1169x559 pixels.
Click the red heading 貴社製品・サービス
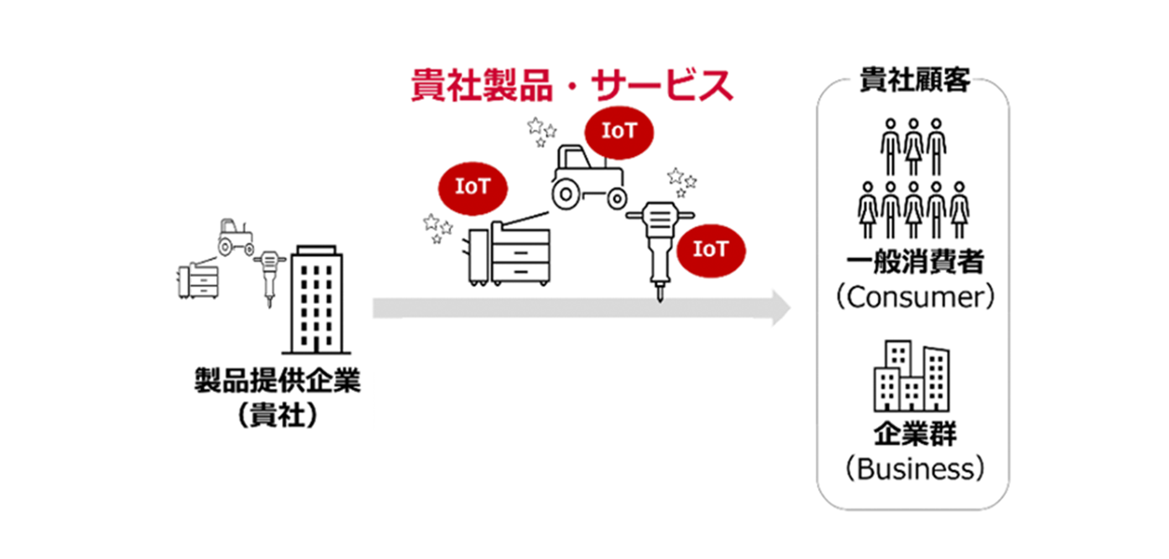pos(571,86)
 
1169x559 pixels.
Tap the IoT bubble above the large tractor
pos(619,131)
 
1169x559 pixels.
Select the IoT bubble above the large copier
pos(472,187)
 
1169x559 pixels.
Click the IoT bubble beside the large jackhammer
pos(710,250)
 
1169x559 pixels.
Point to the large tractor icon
pos(588,179)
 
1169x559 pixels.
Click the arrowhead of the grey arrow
pos(780,308)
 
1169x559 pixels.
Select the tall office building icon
pos(316,301)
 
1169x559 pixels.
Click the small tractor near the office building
pos(235,237)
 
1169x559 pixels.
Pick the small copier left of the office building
pos(198,280)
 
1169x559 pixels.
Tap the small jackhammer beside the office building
pos(269,276)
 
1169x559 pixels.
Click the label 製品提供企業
pos(277,381)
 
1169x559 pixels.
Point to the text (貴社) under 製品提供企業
pos(277,415)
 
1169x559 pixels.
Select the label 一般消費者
pos(915,263)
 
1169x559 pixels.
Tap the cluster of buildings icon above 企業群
pos(911,377)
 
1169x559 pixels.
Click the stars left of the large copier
pos(437,228)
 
